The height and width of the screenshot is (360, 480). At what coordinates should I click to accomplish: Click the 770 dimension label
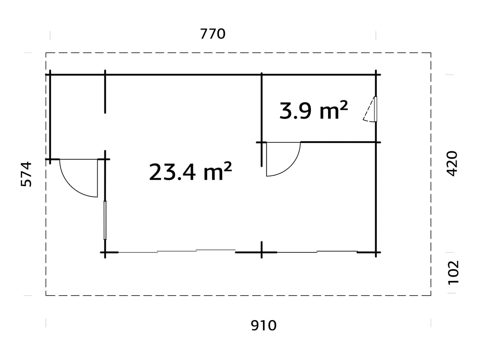click(x=213, y=34)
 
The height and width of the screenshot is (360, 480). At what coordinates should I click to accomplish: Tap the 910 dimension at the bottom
click(x=264, y=326)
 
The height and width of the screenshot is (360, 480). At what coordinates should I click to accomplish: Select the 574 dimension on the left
click(x=26, y=174)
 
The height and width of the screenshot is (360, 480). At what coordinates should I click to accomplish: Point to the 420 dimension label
click(x=452, y=163)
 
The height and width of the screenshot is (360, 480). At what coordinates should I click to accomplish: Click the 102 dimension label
click(x=453, y=272)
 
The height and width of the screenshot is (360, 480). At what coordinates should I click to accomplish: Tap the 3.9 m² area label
click(x=314, y=110)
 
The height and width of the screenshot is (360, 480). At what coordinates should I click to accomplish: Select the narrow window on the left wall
click(x=105, y=220)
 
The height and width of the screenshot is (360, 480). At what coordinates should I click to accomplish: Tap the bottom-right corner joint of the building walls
click(x=376, y=252)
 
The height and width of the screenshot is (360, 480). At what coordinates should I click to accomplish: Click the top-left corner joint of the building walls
click(x=50, y=74)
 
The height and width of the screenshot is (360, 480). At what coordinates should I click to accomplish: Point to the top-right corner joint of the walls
click(x=376, y=74)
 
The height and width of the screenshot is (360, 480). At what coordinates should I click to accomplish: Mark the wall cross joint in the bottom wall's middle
click(x=261, y=252)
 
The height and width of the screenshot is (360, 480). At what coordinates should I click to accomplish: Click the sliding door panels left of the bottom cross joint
click(x=177, y=251)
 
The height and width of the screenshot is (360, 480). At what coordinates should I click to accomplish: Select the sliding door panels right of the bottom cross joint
click(x=317, y=251)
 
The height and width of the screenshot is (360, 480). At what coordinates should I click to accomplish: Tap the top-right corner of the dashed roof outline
click(x=431, y=53)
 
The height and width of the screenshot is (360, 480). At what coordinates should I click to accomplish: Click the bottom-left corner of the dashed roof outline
click(x=46, y=295)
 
